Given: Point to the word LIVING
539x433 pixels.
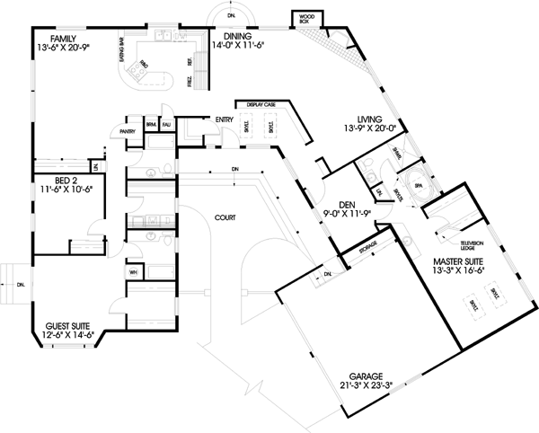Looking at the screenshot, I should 370,119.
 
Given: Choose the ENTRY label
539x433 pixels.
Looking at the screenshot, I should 225,119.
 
